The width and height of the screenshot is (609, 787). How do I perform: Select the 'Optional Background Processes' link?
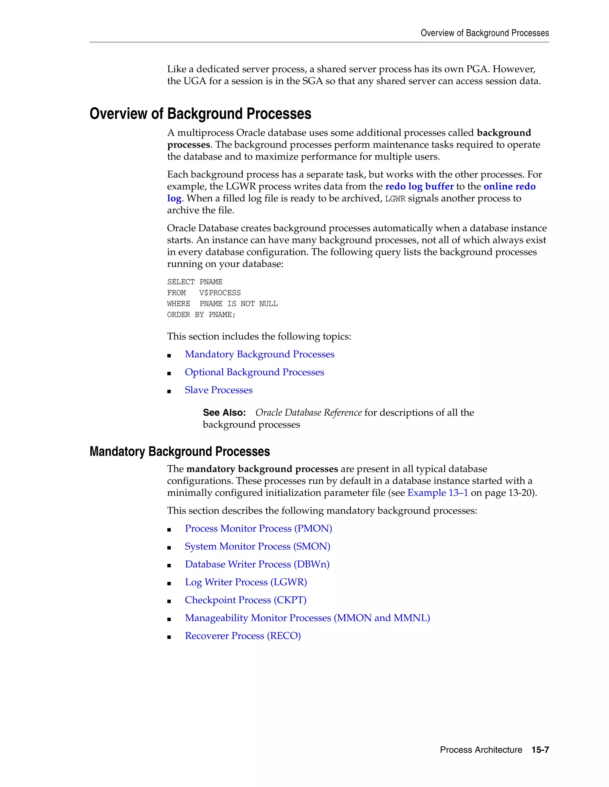254,372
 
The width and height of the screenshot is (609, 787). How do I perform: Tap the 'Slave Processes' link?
219,390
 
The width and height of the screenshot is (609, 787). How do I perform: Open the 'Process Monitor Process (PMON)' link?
258,528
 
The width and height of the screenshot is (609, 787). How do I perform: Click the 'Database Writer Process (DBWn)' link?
257,564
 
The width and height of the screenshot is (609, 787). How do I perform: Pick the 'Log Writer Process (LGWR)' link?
246,582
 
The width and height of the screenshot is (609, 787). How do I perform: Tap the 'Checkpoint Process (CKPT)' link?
245,600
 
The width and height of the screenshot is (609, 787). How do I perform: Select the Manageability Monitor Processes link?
307,618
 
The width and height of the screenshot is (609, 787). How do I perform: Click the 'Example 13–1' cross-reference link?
438,493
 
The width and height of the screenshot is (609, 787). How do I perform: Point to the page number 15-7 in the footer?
540,750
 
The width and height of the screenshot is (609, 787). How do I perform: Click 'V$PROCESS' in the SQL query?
220,293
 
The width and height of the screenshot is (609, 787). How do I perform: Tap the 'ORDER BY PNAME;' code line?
201,315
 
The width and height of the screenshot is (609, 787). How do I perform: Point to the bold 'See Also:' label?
224,413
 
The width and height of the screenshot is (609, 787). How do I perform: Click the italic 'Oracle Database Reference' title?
308,413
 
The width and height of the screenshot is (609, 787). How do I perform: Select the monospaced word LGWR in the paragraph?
395,199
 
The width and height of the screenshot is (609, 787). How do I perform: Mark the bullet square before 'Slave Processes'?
169,391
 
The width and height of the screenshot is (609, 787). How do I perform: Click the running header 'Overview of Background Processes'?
484,33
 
